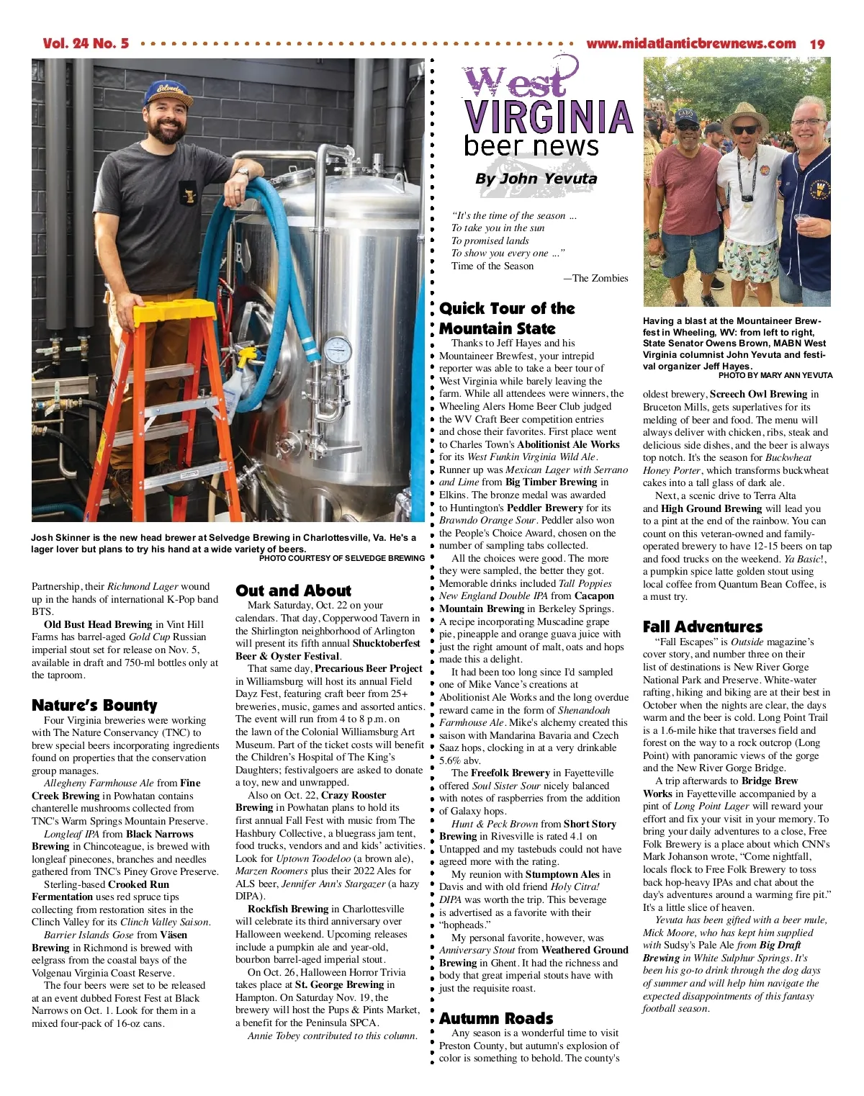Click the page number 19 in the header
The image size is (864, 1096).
coord(817,44)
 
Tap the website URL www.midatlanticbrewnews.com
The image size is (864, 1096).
coord(690,44)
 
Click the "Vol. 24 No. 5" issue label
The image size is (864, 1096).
coord(86,43)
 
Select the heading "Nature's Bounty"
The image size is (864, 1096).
coord(94,705)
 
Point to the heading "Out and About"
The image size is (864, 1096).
coord(293,590)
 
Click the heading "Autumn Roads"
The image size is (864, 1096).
coord(496,1018)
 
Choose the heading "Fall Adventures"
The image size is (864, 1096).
coord(703,626)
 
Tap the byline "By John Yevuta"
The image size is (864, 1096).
coord(536,179)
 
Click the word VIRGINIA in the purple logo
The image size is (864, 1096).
coord(548,117)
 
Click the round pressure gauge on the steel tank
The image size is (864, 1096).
coord(337,350)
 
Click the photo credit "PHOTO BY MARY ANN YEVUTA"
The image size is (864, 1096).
coord(775,375)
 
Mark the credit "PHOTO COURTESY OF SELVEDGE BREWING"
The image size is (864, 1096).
coord(341,558)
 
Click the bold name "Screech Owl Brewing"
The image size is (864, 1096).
coord(758,394)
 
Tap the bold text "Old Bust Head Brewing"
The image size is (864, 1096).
coord(98,624)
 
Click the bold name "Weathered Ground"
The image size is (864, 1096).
coord(585,951)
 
